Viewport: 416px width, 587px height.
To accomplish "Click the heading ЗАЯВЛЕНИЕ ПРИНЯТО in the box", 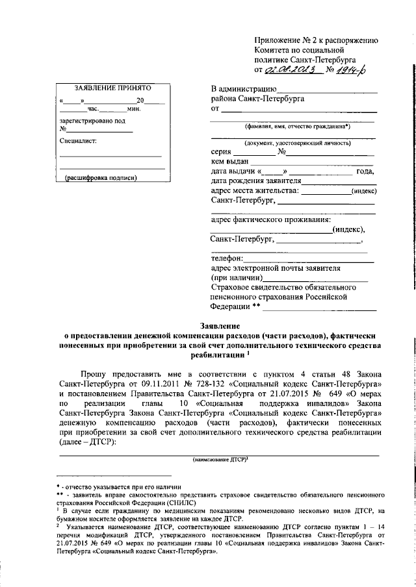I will (112, 87).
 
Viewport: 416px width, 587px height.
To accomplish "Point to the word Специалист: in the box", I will (77, 140).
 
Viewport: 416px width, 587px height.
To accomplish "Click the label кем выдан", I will (230, 162).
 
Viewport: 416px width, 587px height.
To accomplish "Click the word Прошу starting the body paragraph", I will (95, 375).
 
